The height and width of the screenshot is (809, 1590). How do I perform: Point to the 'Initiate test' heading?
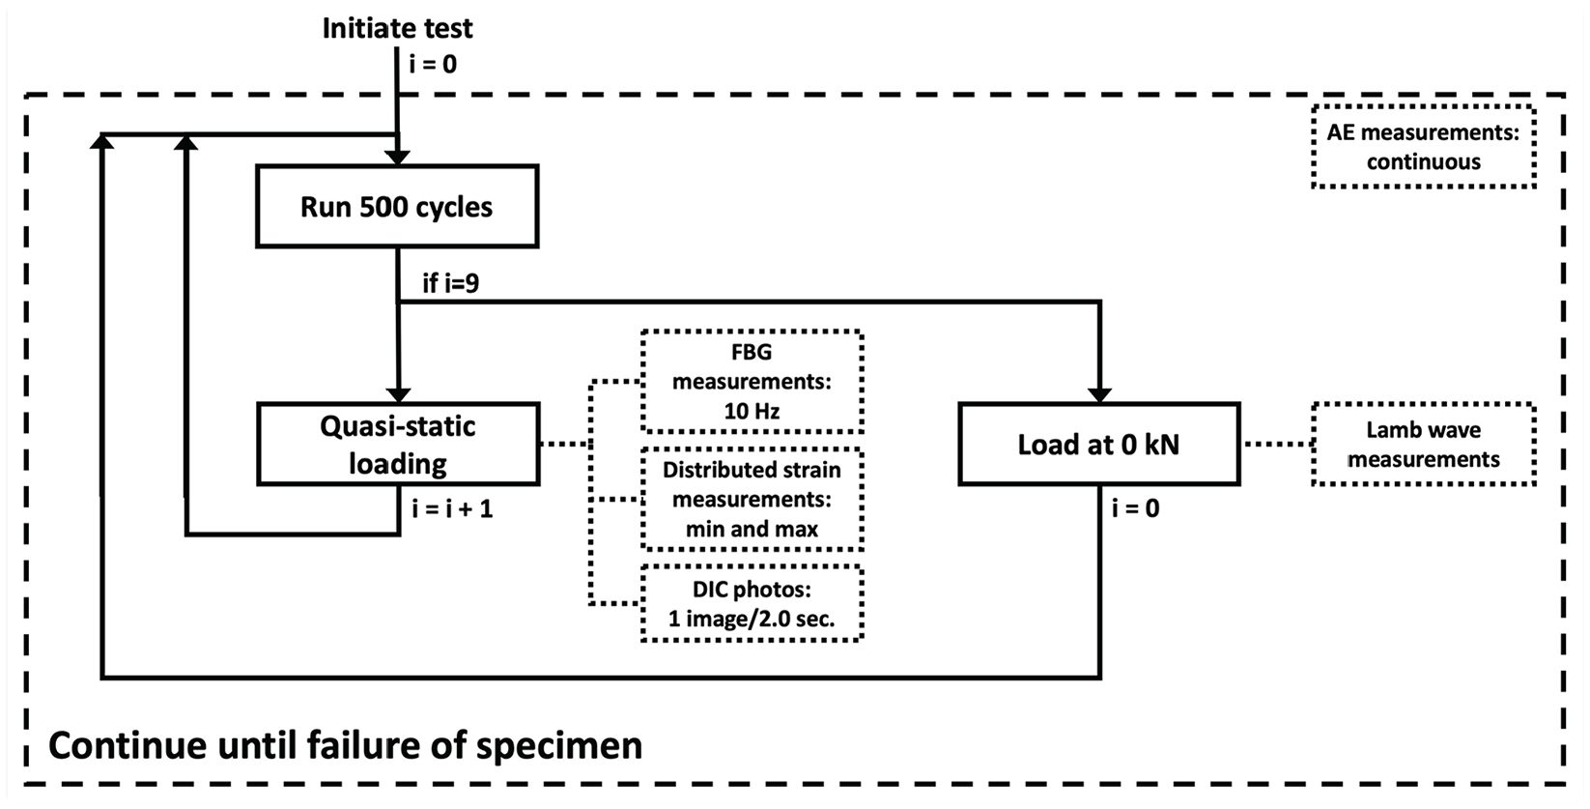[x=398, y=28]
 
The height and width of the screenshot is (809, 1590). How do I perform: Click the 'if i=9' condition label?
[x=451, y=282]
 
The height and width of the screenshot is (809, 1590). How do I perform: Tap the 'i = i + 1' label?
[x=452, y=508]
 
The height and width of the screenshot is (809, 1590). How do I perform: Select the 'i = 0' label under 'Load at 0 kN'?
[x=1136, y=507]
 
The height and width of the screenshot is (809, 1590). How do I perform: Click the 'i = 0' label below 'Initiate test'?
[x=433, y=64]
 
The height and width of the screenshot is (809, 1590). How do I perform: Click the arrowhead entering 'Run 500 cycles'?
[x=398, y=158]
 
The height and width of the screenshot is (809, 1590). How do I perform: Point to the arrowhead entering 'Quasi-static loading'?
[x=399, y=395]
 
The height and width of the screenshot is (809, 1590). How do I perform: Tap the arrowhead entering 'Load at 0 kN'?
[x=1099, y=395]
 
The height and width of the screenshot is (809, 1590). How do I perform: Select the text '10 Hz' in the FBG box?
[x=752, y=411]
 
